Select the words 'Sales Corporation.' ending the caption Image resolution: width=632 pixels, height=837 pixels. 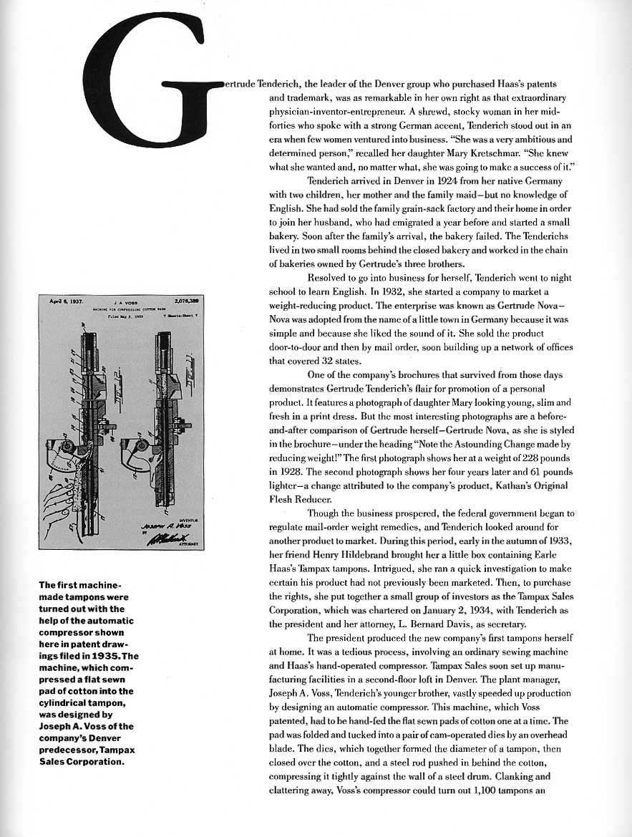[82, 761]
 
